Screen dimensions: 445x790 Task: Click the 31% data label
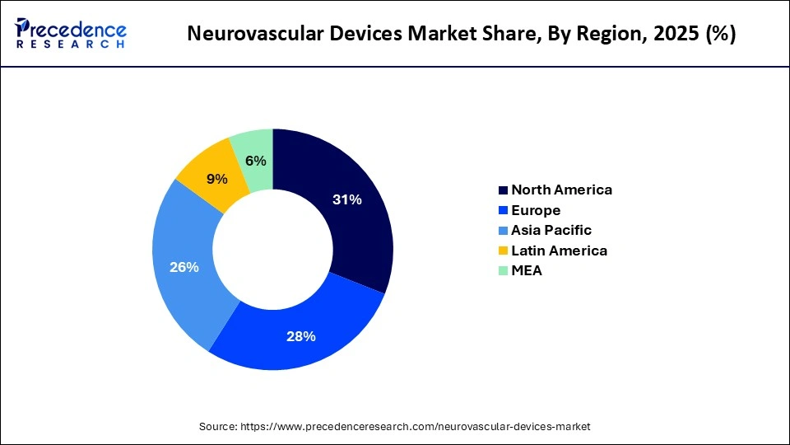coord(346,199)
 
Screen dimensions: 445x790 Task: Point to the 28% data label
coord(301,335)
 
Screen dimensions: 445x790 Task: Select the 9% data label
coord(217,177)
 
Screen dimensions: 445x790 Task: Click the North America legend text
coord(561,190)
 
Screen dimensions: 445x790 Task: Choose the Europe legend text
coord(536,210)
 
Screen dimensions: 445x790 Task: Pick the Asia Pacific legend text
coord(551,230)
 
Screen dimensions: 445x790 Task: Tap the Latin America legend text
coord(559,251)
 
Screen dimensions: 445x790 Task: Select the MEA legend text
coord(527,270)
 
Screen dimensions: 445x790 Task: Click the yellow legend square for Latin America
coord(503,251)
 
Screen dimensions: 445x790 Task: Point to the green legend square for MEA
coord(503,270)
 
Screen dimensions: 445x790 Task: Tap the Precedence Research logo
coord(71,34)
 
